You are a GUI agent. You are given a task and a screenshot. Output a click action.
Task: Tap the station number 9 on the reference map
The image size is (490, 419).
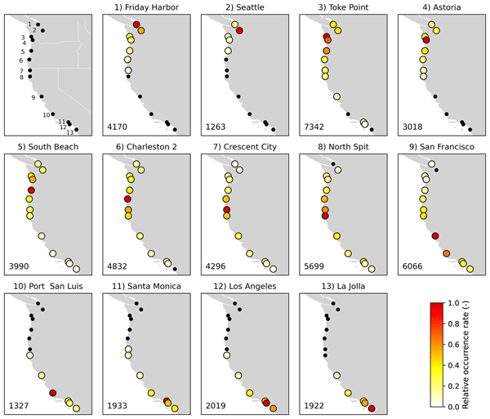(33, 97)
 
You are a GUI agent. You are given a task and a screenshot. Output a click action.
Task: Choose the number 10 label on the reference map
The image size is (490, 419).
(47, 114)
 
